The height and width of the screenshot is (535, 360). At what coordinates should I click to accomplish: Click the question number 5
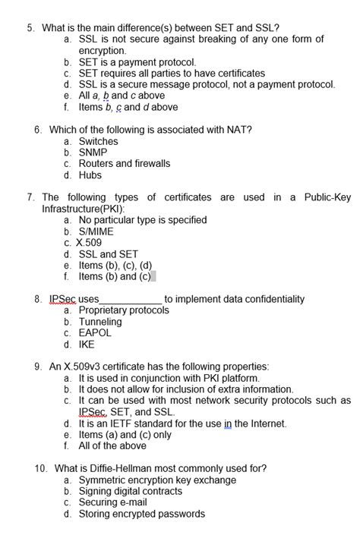tap(30, 28)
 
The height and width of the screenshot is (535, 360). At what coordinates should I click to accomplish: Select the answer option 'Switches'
tap(98, 141)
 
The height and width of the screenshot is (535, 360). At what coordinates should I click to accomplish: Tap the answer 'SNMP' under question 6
tap(93, 153)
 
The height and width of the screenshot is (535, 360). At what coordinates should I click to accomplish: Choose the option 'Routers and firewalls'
tap(124, 164)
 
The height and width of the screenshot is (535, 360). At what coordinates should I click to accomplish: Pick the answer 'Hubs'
tap(90, 175)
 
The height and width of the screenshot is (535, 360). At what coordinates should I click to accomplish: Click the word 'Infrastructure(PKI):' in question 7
tap(84, 209)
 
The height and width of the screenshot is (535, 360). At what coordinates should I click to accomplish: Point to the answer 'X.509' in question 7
tap(90, 243)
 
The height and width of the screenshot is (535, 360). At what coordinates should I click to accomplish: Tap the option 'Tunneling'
tap(100, 322)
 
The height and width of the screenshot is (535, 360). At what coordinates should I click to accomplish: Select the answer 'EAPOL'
tap(95, 333)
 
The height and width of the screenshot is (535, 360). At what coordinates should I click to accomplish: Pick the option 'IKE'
tap(87, 345)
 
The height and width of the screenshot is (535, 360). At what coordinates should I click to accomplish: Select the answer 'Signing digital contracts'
tap(131, 492)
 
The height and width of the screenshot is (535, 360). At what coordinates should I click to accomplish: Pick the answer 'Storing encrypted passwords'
tap(141, 514)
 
